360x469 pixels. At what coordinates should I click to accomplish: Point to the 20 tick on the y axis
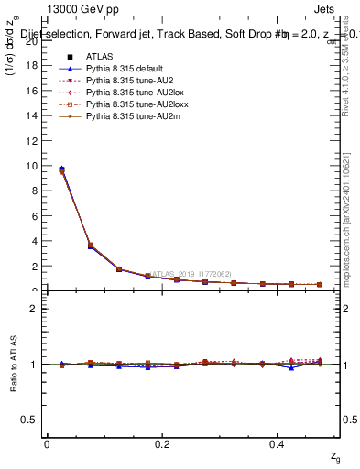35,41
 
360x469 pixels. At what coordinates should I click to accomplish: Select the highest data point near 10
61,169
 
